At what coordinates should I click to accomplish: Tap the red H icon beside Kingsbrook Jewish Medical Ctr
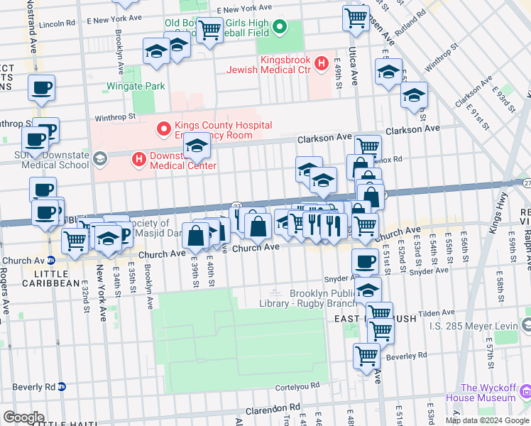(321, 64)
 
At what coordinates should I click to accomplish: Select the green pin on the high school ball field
(280, 28)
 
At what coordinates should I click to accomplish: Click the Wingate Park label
(136, 86)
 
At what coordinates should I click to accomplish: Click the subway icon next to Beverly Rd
(62, 387)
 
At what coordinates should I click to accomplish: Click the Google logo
(23, 417)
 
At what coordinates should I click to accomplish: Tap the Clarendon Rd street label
(270, 410)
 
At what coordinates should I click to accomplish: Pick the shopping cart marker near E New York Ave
(209, 31)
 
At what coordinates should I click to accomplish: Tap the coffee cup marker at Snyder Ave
(365, 262)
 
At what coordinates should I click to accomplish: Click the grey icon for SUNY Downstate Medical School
(99, 157)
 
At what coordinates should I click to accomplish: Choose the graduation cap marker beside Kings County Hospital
(196, 147)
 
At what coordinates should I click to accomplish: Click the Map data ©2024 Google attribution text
(487, 420)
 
